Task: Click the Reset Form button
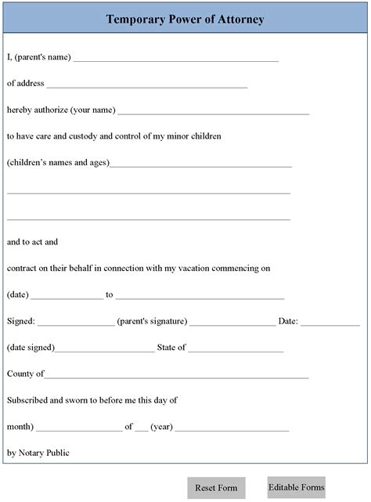[x=216, y=488]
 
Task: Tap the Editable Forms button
[x=296, y=487]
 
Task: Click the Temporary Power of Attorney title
[x=185, y=20]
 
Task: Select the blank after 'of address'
[x=147, y=85]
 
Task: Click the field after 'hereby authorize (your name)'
[x=214, y=112]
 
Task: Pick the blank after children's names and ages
[x=200, y=165]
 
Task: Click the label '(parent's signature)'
[x=152, y=321]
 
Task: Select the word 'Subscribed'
[x=27, y=400]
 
